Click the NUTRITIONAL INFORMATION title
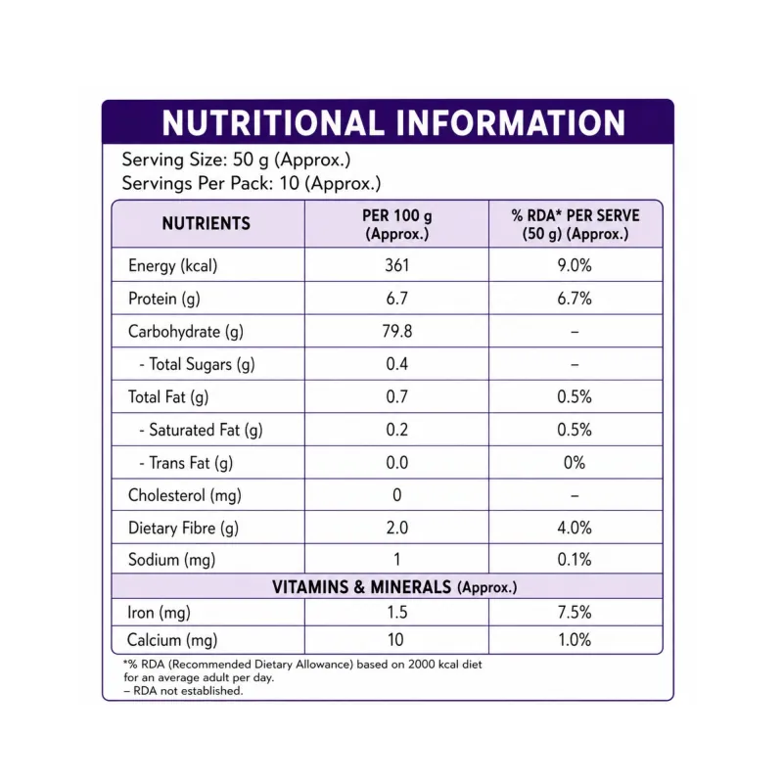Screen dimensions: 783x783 [393, 123]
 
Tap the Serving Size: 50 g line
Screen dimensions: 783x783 [236, 161]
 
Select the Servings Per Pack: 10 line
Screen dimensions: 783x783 [252, 184]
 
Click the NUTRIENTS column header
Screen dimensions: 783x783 [207, 223]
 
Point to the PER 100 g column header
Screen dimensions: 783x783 [397, 224]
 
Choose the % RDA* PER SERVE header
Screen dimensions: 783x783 [576, 224]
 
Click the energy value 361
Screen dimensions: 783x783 [397, 265]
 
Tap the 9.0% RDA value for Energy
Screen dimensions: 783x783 [575, 265]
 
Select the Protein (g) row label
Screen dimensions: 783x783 [164, 299]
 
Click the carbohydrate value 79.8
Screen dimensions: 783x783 [397, 331]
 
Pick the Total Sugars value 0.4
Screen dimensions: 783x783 [397, 363]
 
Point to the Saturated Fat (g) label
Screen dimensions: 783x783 [202, 430]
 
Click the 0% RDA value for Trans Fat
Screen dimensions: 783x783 [575, 462]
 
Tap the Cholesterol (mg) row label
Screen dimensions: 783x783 [185, 495]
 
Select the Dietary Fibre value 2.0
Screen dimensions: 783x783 [397, 528]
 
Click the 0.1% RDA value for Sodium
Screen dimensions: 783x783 [575, 559]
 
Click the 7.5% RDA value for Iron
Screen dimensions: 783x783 [575, 613]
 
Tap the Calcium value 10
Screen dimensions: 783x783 [395, 640]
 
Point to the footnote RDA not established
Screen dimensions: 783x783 [183, 691]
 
